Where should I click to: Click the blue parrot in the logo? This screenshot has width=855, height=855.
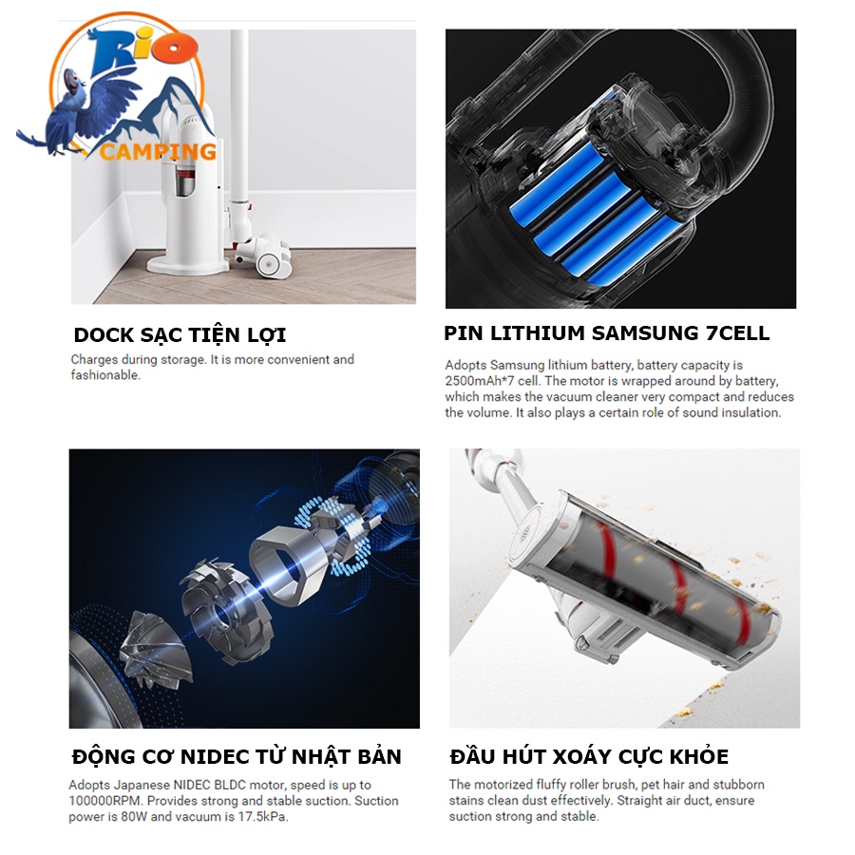[x=82, y=109]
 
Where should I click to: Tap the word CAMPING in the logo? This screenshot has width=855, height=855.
[x=158, y=151]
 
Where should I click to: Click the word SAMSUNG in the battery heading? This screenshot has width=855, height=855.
[x=645, y=332]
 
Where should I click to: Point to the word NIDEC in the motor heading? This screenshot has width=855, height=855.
[x=216, y=757]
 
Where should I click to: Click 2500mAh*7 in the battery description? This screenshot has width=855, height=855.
[x=480, y=381]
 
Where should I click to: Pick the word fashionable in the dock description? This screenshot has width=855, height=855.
[x=104, y=375]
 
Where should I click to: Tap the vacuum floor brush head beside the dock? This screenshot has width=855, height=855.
[x=264, y=256]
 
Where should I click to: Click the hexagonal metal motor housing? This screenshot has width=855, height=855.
[x=290, y=563]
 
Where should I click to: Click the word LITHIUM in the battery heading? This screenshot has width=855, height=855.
[x=538, y=332]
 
